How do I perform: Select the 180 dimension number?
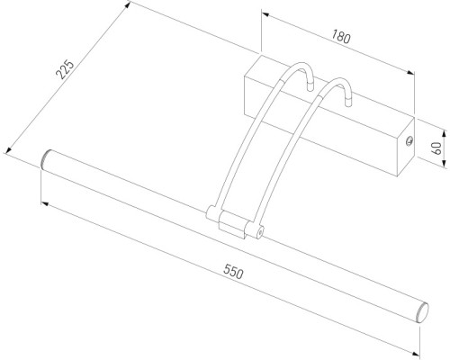(340, 38)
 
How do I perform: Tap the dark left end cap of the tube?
(46, 159)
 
